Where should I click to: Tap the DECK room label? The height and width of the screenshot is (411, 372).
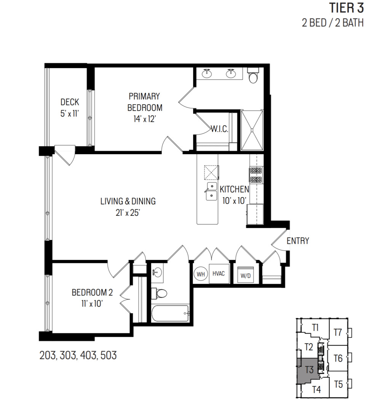point(70,102)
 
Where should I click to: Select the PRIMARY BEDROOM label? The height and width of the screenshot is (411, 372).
point(145,102)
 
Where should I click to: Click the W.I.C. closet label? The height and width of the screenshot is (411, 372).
point(219,129)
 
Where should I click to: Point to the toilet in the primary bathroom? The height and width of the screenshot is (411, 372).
point(253,77)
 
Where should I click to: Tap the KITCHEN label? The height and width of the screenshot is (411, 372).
point(234,189)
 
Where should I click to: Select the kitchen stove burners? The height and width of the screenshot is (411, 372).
point(255,175)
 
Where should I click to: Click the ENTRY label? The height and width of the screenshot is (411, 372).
point(297,241)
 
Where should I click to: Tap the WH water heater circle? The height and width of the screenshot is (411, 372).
point(201,274)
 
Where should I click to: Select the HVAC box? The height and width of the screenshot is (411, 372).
point(219,274)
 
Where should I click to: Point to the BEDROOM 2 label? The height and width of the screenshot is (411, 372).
point(92,293)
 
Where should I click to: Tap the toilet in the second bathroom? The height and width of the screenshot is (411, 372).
point(160,293)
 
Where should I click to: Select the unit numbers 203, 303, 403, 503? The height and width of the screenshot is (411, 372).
point(78,356)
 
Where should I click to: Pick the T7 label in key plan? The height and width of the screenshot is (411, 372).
point(338,332)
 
